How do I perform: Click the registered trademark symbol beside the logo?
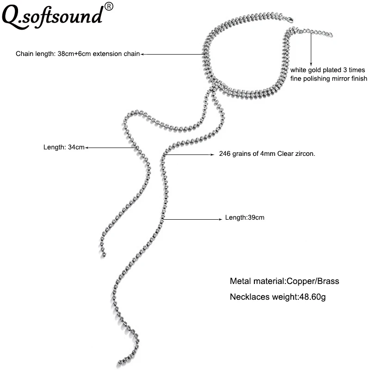109,6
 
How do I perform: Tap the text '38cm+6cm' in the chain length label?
74,54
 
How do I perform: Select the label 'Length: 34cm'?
64,147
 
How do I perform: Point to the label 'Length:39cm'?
245,217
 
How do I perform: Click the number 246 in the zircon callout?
225,154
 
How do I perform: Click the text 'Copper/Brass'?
313,281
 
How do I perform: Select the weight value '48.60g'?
313,297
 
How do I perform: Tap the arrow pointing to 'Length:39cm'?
192,219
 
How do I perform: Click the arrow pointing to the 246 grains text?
189,155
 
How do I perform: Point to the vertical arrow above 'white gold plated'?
311,49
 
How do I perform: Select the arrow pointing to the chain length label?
173,54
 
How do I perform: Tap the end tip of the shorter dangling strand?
104,254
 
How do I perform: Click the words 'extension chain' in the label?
117,54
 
